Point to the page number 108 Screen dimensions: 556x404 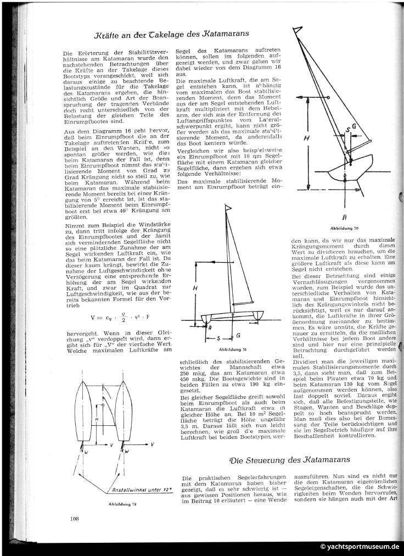75,518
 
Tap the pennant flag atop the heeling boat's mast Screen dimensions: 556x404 300,34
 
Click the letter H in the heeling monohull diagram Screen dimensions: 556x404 307,138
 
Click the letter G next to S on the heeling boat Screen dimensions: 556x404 355,126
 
